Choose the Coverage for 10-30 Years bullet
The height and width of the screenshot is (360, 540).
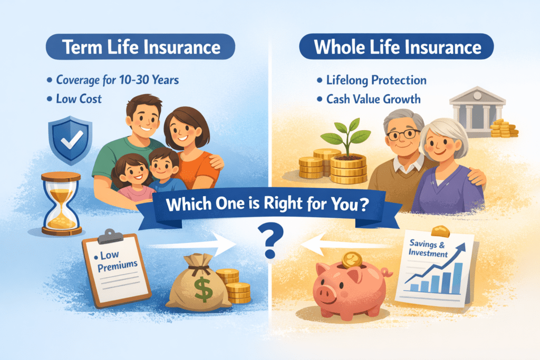click(115, 81)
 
